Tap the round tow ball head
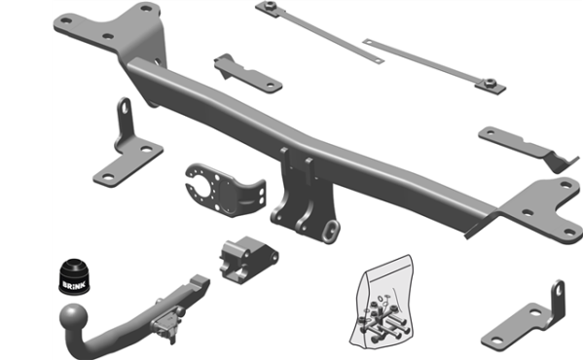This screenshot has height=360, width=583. tap(74, 316)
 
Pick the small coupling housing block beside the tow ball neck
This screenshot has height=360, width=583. tap(247, 260)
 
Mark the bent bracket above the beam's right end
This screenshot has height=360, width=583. tap(526, 146)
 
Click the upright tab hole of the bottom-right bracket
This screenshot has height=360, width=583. tap(558, 293)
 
